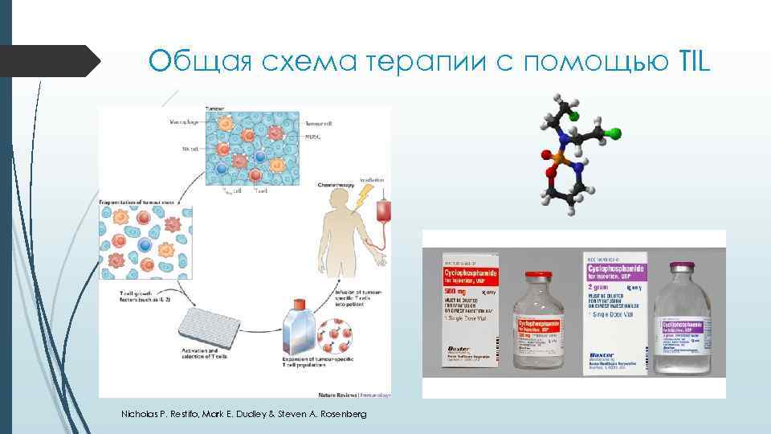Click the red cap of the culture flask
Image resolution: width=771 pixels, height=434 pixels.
pos(299,303)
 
